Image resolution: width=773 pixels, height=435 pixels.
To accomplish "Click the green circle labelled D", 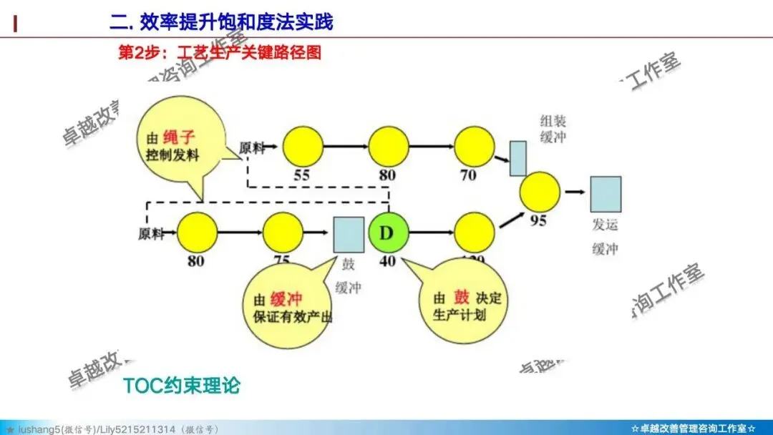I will click(x=387, y=233).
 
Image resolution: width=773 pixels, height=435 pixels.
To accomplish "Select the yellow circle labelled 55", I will click(x=303, y=146).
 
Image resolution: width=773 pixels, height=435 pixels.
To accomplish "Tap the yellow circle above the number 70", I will click(x=473, y=146).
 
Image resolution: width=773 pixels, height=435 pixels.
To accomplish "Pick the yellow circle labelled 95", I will click(x=539, y=191).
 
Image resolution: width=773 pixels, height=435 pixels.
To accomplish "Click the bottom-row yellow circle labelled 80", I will click(x=197, y=233).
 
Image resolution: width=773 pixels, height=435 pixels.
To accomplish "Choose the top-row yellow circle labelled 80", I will click(x=389, y=146).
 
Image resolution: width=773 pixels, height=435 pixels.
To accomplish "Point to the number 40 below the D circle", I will click(x=387, y=261).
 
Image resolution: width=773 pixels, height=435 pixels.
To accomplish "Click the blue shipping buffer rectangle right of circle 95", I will click(x=606, y=194).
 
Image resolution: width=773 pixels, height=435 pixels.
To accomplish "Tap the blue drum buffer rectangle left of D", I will click(x=349, y=233).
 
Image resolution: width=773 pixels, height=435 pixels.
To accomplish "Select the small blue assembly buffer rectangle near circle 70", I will click(x=518, y=158).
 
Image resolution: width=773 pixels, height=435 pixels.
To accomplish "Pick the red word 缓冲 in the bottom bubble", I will click(x=286, y=300).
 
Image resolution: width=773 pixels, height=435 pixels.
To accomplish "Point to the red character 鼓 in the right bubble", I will click(x=462, y=298).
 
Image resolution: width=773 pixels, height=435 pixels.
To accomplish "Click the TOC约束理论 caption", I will click(x=181, y=386).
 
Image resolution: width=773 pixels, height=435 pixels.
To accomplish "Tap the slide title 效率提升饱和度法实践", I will click(x=222, y=21).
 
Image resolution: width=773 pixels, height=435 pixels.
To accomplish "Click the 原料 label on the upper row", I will click(x=251, y=147).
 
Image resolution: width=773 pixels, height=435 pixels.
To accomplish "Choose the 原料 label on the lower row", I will click(x=151, y=234).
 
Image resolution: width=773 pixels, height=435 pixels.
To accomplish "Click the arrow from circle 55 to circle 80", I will click(x=346, y=147).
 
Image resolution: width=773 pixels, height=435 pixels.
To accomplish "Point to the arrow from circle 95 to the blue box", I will click(x=575, y=192).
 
